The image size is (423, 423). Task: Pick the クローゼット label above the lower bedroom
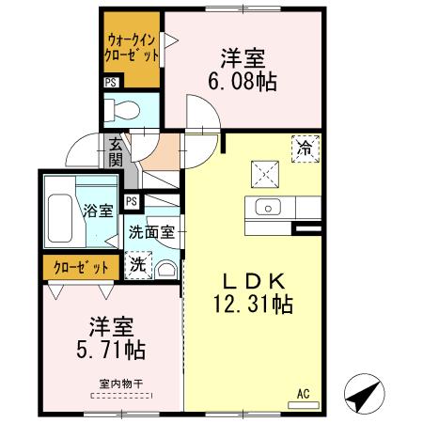pos(81,267)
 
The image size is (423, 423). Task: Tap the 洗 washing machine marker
pos(137,266)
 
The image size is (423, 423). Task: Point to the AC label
pos(303,393)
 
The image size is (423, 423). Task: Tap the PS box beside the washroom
pos(133,200)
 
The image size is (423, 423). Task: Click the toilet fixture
pos(122,109)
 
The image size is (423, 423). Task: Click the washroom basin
pos(167,268)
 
